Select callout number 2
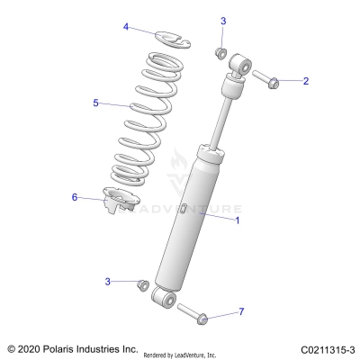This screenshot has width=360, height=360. tap(305, 81)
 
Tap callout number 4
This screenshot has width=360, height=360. tap(127, 28)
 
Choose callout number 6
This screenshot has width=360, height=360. tap(76, 197)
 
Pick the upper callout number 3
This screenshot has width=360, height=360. tap(223, 21)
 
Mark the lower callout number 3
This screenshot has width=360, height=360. tap(108, 282)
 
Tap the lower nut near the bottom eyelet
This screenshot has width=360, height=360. tap(141, 285)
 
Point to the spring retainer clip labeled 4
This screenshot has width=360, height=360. tap(166, 38)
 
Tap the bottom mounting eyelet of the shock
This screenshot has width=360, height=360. tap(166, 298)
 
